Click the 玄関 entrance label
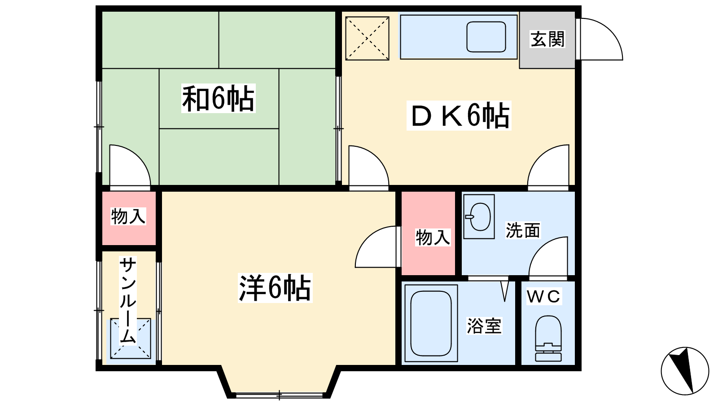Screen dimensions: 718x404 point(547,39)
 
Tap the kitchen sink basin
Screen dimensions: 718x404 point(486,37)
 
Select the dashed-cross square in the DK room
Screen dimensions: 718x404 point(367,39)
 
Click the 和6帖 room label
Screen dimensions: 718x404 point(218,98)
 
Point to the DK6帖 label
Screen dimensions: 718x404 point(459,116)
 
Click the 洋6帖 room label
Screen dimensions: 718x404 point(275,288)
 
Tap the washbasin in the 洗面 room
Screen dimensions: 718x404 point(479,217)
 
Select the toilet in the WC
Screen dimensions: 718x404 point(548,338)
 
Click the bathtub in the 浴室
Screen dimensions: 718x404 point(431,323)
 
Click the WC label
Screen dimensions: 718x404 point(544,296)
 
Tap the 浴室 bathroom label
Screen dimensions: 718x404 point(484,326)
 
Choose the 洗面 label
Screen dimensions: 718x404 point(523,230)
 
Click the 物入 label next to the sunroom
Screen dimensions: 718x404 point(128,216)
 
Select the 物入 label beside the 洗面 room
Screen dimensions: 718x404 point(433,237)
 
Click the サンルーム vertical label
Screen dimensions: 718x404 point(128,301)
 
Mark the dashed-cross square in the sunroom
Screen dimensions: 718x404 point(131,338)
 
